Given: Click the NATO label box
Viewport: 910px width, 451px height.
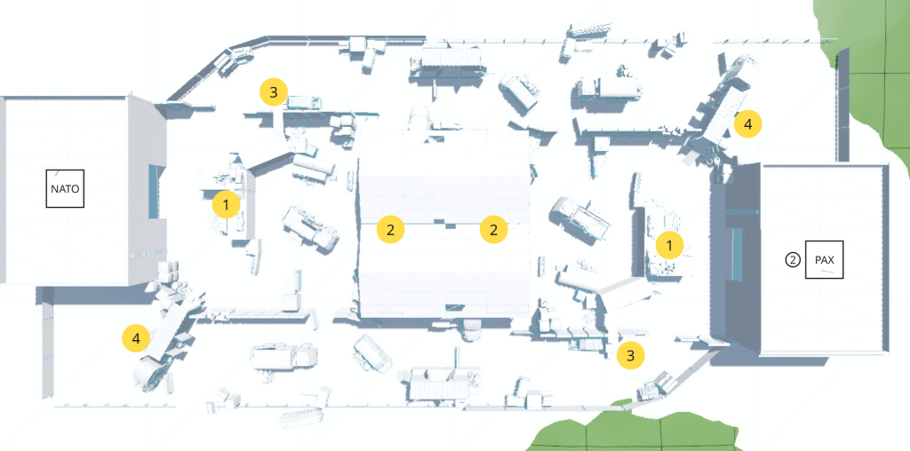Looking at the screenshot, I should click(x=65, y=189).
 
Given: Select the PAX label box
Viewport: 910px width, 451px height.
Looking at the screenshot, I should click(x=824, y=260).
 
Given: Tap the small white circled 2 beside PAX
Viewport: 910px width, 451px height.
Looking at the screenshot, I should click(x=793, y=260).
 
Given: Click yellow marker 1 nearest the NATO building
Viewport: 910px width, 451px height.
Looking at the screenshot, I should click(x=227, y=205).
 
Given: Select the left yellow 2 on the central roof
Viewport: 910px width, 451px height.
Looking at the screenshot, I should click(x=390, y=230).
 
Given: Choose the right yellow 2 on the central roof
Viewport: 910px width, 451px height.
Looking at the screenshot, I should click(x=493, y=230).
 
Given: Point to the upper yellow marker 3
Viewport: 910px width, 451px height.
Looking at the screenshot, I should click(x=274, y=91).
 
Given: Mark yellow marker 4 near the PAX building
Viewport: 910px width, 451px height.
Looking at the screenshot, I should click(x=747, y=124).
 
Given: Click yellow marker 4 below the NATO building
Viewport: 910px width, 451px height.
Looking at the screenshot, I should click(x=136, y=338).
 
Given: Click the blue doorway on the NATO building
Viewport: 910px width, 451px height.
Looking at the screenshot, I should click(x=157, y=190).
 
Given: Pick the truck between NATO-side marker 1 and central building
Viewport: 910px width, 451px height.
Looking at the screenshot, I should click(x=310, y=227).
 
